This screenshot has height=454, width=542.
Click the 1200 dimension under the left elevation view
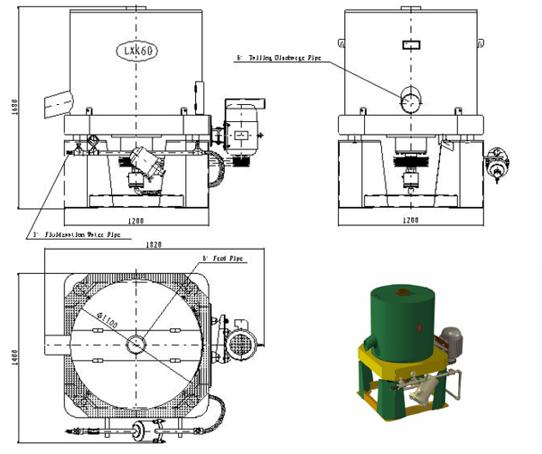point(136,220)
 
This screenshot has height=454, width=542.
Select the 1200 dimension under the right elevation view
point(410,220)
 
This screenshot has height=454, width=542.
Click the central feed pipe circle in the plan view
point(135,344)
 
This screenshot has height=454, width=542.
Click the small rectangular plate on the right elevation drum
point(410,43)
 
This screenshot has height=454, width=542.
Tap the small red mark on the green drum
point(421,325)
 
